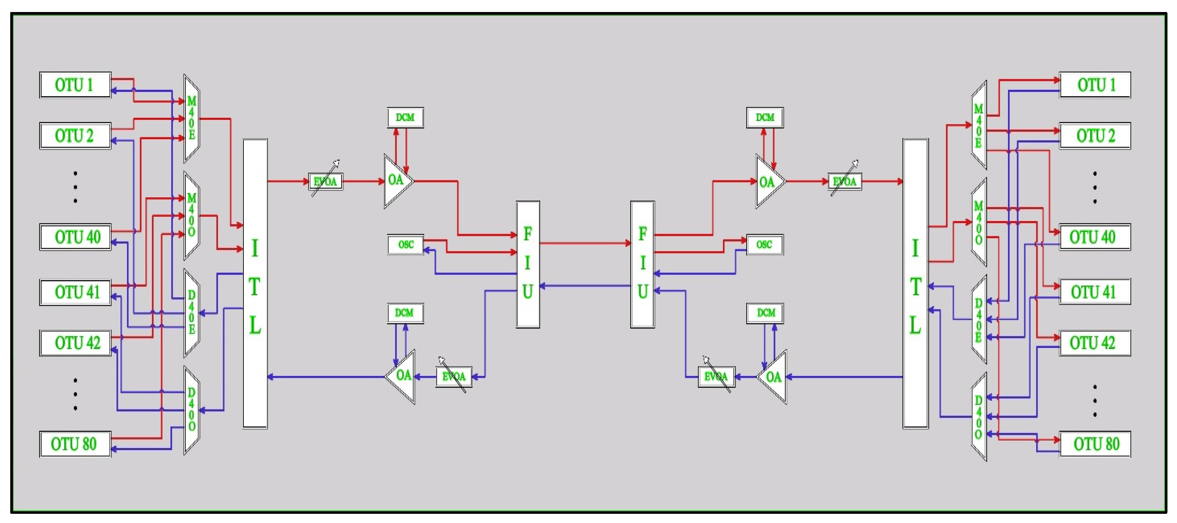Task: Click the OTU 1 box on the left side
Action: pyautogui.click(x=75, y=85)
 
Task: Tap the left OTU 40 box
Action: pyautogui.click(x=75, y=237)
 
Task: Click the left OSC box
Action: pyautogui.click(x=405, y=245)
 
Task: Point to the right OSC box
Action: pyautogui.click(x=764, y=245)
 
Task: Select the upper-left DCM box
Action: pyautogui.click(x=405, y=118)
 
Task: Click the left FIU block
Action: pyautogui.click(x=528, y=264)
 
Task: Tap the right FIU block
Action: pyautogui.click(x=642, y=264)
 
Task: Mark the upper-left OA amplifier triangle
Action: pyautogui.click(x=396, y=181)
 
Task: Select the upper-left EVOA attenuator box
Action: pyautogui.click(x=325, y=182)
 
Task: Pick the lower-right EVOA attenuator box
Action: pyautogui.click(x=716, y=377)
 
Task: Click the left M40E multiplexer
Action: pyautogui.click(x=191, y=119)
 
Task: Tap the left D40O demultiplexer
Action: pyautogui.click(x=191, y=410)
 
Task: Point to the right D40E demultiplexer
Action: pyautogui.click(x=978, y=320)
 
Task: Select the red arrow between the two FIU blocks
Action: pyautogui.click(x=585, y=243)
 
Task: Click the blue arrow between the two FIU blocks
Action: pyautogui.click(x=585, y=286)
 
